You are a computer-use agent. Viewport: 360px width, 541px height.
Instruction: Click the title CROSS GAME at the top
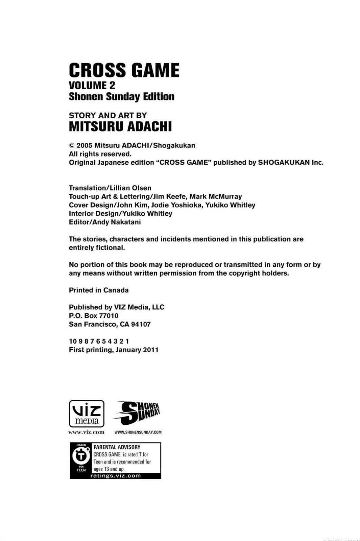pos(124,71)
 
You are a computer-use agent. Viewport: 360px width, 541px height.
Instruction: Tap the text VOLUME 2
pos(92,85)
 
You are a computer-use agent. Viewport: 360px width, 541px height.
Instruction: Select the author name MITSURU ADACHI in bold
pos(120,127)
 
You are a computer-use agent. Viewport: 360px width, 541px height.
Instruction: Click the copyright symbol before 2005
pos(72,146)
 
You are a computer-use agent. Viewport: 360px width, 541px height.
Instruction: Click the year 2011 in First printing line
pos(151,350)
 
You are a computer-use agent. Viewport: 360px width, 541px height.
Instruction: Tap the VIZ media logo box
pos(87,414)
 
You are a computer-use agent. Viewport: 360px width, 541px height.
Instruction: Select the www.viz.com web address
pos(87,432)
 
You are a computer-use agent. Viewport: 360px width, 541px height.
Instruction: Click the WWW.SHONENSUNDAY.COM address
pos(138,432)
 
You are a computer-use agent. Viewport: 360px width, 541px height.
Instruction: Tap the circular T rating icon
pos(81,456)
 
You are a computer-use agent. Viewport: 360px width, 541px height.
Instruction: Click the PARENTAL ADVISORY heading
pos(117,447)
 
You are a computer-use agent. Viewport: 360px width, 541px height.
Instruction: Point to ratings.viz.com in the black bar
pos(116,476)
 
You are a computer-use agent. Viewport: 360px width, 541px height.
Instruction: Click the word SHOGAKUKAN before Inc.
pos(284,163)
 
